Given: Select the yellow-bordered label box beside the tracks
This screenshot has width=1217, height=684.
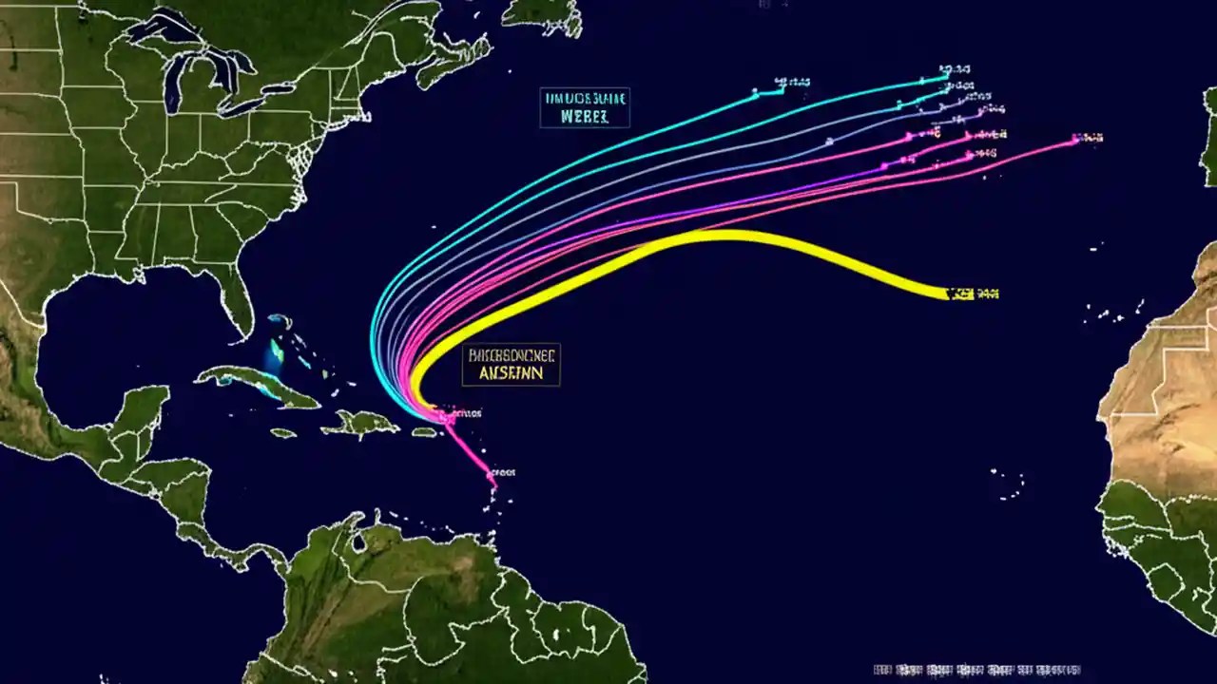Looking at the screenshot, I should click(512, 365).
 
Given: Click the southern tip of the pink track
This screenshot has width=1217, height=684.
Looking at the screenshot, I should click(493, 484).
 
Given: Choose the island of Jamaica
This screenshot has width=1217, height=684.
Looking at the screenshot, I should click(283, 433).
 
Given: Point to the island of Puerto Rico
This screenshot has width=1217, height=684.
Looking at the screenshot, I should click(424, 432).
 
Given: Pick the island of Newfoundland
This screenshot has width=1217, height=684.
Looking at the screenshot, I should click(542, 11).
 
